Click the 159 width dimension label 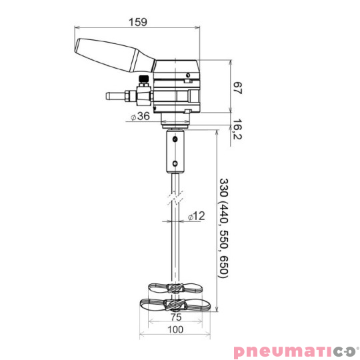(x=138, y=22)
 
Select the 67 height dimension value (x=237, y=87)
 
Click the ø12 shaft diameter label (x=196, y=216)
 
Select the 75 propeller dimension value (x=175, y=317)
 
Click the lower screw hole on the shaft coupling (x=175, y=163)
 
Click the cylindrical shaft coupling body (x=175, y=152)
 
